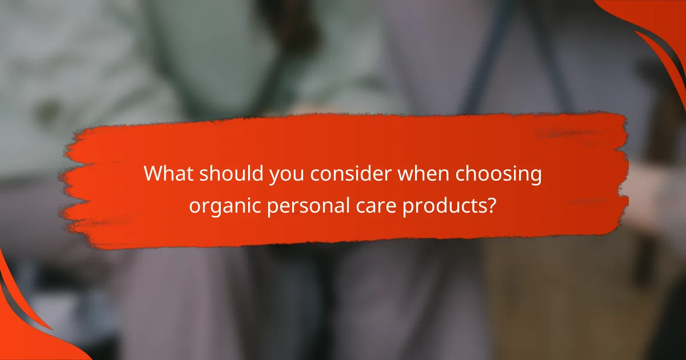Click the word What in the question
167,174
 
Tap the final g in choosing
535,176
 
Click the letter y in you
276,176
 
